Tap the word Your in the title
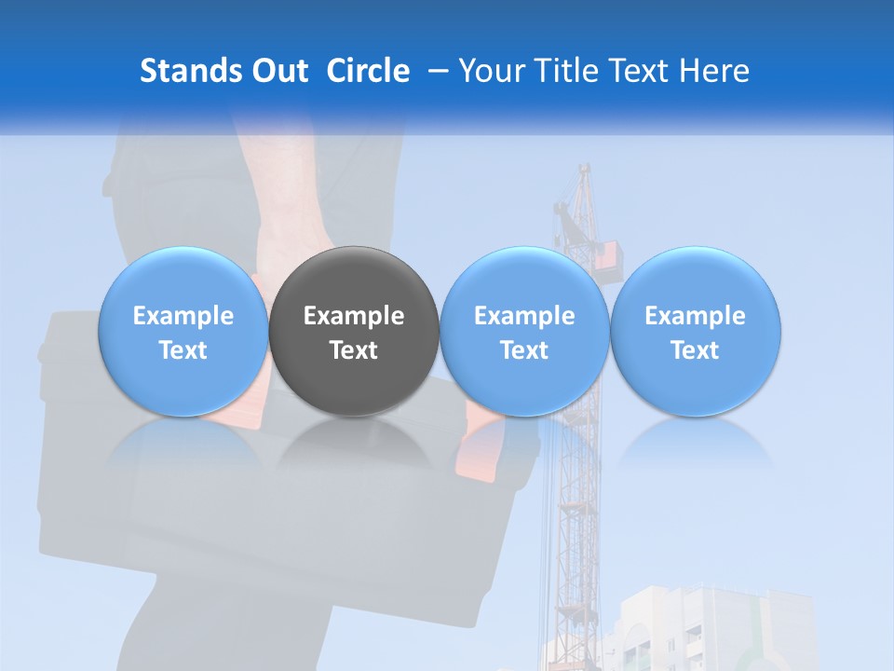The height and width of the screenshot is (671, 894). click(492, 71)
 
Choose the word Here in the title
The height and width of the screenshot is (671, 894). click(716, 71)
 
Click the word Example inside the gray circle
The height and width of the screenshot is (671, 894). click(354, 316)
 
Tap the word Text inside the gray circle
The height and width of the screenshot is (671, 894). click(354, 350)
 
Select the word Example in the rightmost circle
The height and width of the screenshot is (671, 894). click(695, 316)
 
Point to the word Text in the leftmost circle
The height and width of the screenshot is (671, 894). click(183, 350)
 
